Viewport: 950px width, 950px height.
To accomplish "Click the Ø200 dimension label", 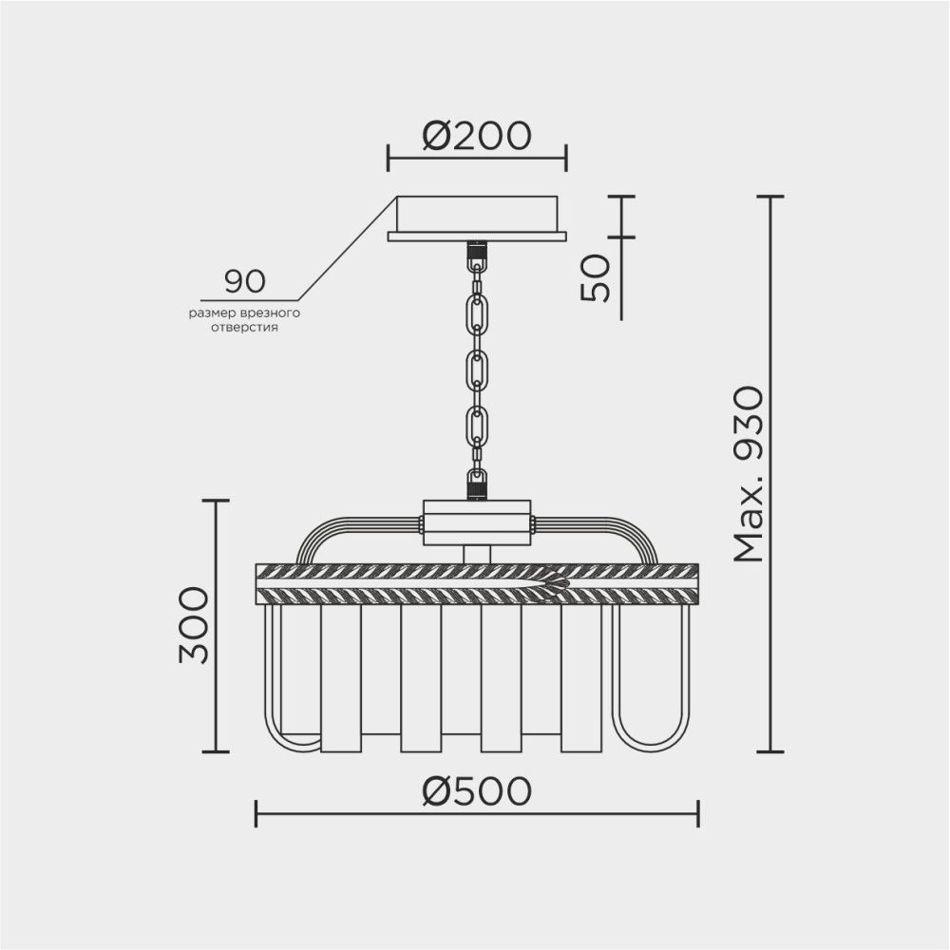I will click(476, 137).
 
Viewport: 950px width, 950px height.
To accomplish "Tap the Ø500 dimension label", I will click(476, 790).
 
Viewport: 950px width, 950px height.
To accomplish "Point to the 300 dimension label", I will click(194, 624).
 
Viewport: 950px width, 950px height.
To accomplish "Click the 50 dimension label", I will click(596, 278).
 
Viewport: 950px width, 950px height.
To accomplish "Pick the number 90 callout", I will click(245, 281).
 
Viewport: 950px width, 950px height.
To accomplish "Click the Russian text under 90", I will click(244, 319).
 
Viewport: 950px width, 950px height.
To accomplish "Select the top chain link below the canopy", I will click(477, 312).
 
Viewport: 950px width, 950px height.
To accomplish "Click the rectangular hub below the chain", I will click(477, 522).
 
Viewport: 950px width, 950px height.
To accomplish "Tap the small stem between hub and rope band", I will click(477, 554).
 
